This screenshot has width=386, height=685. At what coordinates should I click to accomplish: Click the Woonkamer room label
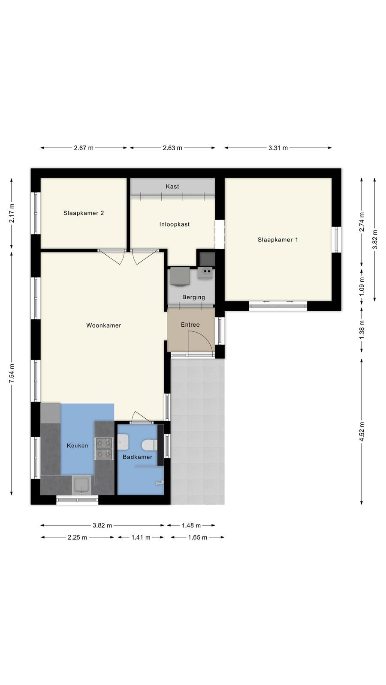103,325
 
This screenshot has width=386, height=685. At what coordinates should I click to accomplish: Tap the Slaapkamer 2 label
84,213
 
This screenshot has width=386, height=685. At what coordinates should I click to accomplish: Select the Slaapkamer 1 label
278,240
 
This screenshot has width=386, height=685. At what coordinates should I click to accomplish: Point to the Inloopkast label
174,224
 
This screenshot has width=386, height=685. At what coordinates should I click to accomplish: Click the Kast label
172,186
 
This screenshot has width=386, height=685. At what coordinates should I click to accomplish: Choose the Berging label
193,297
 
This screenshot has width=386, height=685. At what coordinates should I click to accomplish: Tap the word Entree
190,325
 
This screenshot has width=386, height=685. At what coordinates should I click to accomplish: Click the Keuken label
78,446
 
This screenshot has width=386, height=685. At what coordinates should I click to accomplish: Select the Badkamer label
138,457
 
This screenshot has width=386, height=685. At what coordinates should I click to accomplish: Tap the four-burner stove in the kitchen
104,449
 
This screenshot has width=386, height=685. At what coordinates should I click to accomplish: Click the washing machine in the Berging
180,277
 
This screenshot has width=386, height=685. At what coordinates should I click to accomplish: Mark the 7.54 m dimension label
12,374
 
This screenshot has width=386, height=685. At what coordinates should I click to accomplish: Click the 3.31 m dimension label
278,148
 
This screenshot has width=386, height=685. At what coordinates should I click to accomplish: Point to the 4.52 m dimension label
362,431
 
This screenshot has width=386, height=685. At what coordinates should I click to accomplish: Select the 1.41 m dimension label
141,537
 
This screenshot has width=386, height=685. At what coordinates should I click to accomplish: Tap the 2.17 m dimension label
12,213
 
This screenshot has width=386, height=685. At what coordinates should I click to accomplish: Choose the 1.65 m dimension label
198,537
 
